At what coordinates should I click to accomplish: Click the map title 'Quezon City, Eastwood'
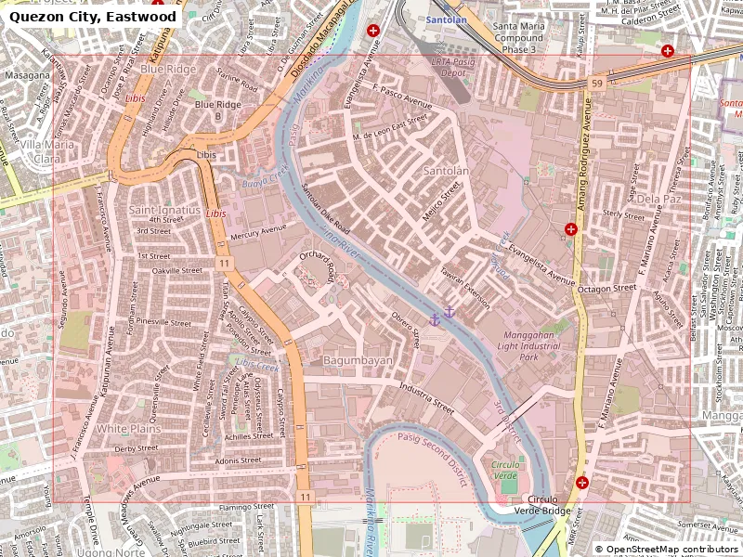click(93, 17)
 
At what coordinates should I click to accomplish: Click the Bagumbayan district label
click(358, 360)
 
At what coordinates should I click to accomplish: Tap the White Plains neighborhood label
click(129, 429)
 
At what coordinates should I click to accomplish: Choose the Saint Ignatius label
click(164, 211)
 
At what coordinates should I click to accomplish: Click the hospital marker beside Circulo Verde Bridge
click(582, 482)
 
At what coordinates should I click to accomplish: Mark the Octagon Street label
click(606, 289)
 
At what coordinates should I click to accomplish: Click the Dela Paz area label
click(659, 199)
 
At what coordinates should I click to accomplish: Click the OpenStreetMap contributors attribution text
click(666, 550)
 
